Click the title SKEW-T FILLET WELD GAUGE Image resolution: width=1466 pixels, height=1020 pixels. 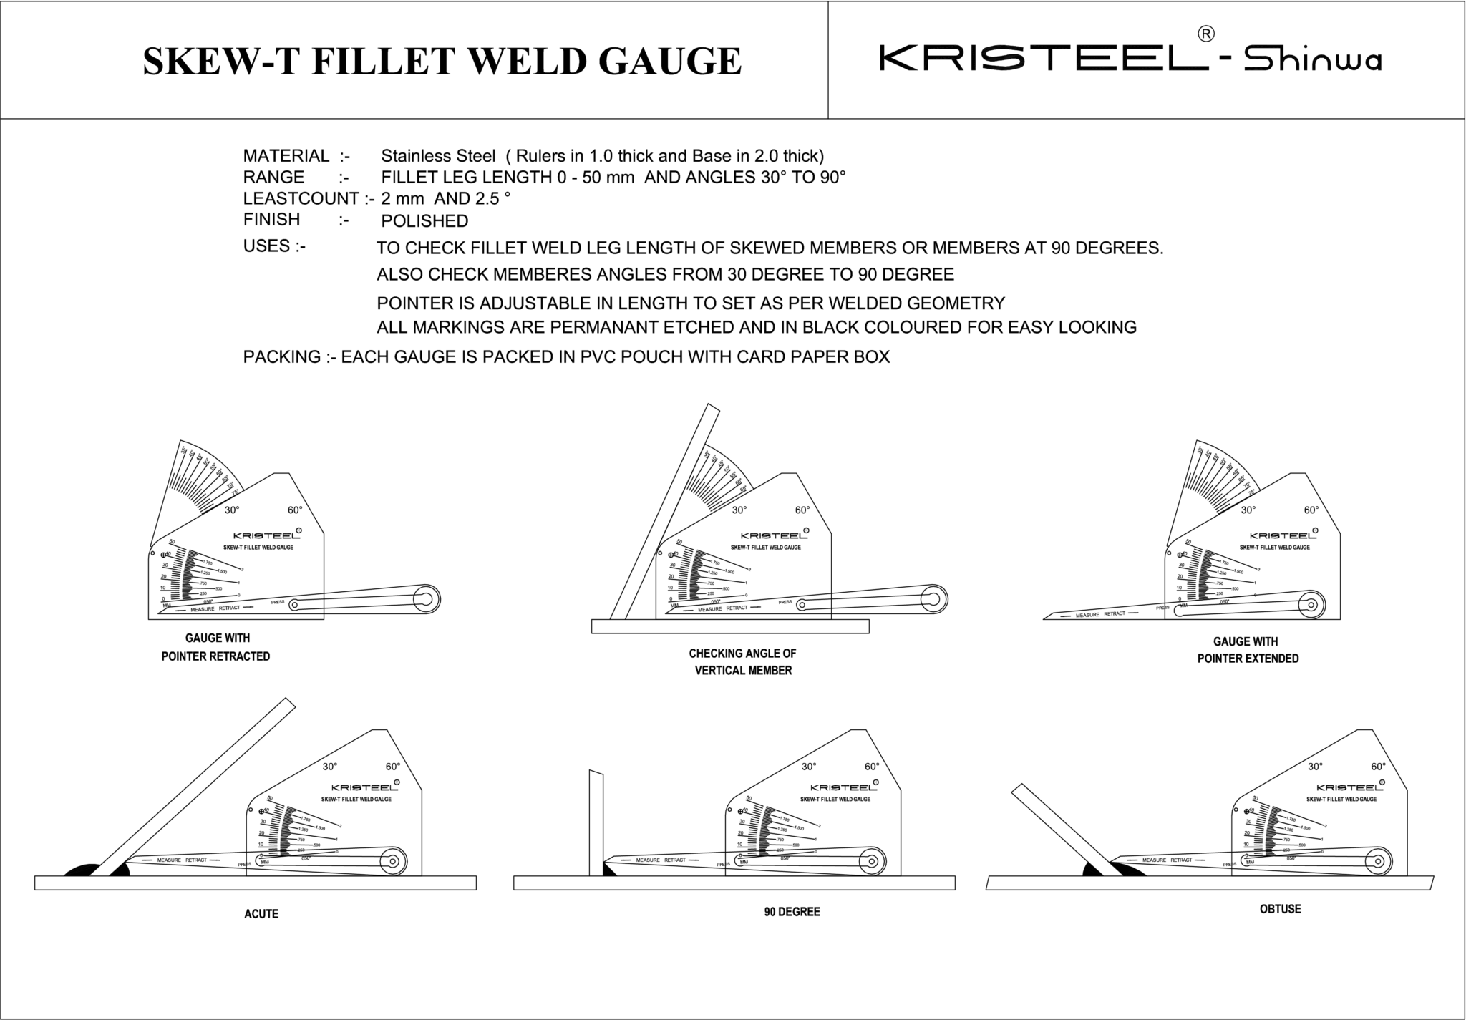click(x=442, y=61)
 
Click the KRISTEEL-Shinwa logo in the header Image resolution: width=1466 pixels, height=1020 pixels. click(x=1130, y=59)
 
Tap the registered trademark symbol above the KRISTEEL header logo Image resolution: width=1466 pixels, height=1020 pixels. click(x=1205, y=34)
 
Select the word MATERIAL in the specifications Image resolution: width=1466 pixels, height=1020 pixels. click(x=286, y=156)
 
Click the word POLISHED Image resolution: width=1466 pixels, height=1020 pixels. click(x=424, y=221)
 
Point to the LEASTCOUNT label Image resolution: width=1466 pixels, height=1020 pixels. click(x=300, y=198)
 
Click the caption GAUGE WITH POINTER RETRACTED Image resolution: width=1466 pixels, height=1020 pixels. click(x=216, y=647)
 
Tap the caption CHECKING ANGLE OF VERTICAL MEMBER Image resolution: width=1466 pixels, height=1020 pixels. click(x=742, y=662)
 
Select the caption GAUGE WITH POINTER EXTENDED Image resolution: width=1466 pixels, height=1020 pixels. click(x=1248, y=650)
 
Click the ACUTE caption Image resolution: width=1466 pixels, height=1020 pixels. click(x=261, y=914)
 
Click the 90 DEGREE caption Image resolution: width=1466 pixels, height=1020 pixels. click(x=792, y=912)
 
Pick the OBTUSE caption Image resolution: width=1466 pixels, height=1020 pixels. click(x=1280, y=909)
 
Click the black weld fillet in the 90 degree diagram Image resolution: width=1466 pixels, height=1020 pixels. click(x=608, y=870)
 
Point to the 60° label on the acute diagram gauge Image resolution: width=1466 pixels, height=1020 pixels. click(x=392, y=767)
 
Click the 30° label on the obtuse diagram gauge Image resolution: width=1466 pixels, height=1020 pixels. click(x=1314, y=767)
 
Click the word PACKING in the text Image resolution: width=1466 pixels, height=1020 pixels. click(x=281, y=357)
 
